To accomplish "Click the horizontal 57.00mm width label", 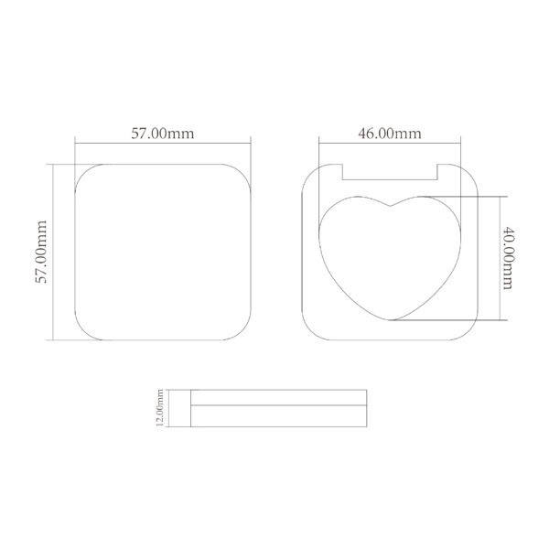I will click(162, 133).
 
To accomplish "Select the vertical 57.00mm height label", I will click(41, 251).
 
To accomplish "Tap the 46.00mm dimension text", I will click(389, 133).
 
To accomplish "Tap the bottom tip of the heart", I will click(392, 321).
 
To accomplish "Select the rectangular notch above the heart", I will click(391, 171).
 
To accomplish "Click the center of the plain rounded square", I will click(162, 252).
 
